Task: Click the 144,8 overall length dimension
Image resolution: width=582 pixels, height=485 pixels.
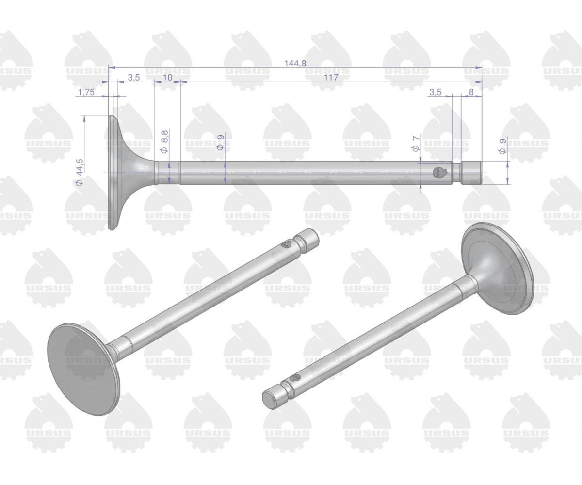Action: click(x=295, y=63)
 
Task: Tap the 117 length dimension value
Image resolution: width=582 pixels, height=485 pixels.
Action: click(x=331, y=77)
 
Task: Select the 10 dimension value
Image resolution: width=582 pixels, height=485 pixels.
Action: click(x=167, y=77)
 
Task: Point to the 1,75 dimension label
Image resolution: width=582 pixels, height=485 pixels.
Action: click(x=87, y=92)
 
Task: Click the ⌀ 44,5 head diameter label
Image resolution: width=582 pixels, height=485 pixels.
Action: click(x=80, y=172)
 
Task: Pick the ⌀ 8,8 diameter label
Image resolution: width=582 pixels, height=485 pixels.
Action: click(x=165, y=142)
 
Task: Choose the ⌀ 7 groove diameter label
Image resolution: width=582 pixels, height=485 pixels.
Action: click(x=416, y=144)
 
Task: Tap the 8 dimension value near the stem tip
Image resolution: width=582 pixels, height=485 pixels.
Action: click(x=471, y=92)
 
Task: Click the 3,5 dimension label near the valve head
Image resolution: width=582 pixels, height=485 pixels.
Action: click(x=134, y=77)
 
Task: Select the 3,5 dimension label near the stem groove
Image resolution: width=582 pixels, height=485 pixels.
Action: click(x=436, y=92)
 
